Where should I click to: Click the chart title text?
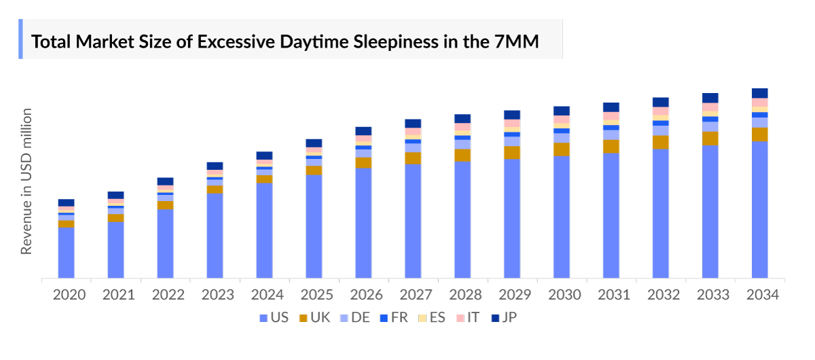(285, 42)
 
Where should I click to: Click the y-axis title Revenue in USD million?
(26, 181)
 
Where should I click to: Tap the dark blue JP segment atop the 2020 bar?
(66, 202)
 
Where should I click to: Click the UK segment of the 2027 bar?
(413, 158)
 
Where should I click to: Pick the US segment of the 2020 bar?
(66, 253)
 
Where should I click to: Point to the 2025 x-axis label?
(314, 295)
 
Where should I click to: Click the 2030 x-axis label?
(562, 295)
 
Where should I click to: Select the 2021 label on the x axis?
(115, 295)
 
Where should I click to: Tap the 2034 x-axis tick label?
(760, 295)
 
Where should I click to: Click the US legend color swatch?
(264, 318)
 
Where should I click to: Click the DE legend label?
(360, 317)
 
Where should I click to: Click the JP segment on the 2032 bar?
(661, 102)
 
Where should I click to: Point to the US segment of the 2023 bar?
(215, 236)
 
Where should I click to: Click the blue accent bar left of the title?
(20, 39)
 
